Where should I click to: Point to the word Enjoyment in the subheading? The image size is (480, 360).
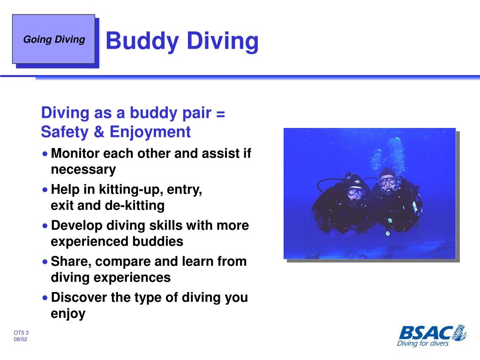click(x=150, y=133)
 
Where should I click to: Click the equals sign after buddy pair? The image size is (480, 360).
click(x=221, y=113)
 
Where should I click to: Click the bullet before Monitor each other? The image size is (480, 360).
click(x=45, y=154)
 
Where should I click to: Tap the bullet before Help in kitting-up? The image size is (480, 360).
click(x=45, y=190)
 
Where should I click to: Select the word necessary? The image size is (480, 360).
click(x=83, y=169)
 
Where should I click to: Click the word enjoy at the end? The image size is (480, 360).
click(x=68, y=313)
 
